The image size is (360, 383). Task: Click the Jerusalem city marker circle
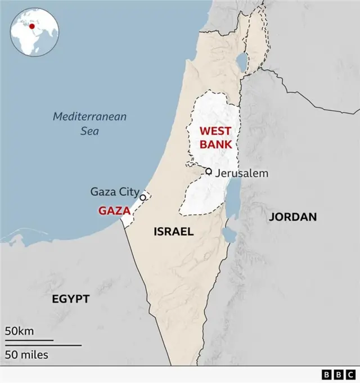coord(209,172)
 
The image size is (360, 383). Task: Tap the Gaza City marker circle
coord(143,197)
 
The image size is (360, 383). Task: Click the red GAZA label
coord(115,211)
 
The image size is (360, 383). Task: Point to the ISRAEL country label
coord(173,231)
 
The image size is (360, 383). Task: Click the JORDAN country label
coord(292,217)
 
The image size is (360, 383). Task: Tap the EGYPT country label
coord(71,299)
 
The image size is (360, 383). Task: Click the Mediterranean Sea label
coord(90,124)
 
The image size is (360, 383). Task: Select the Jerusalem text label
coord(241,173)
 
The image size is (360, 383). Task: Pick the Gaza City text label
coord(115,192)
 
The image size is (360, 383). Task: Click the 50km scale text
coord(20,331)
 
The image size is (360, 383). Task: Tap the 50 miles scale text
coord(27,354)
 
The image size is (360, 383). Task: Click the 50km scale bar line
coord(29,340)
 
